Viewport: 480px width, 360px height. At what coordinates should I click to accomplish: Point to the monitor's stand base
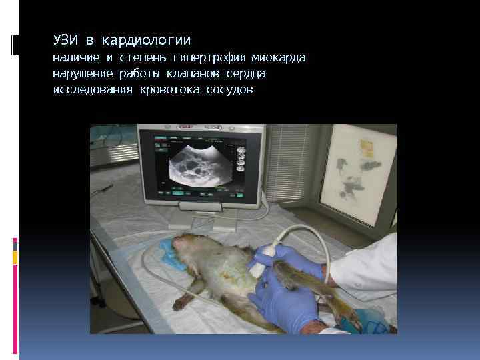point(200,223)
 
